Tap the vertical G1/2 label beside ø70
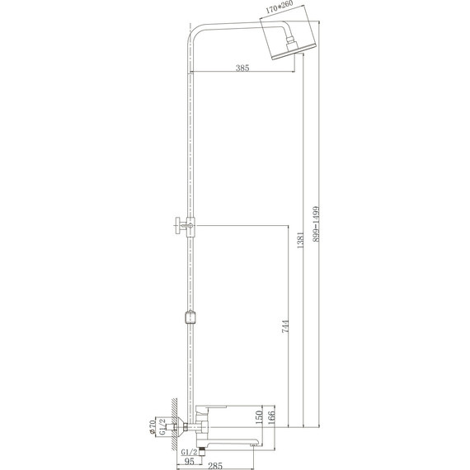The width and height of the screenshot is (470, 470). point(162,428)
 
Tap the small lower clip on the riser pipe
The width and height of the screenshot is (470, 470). point(191,317)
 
